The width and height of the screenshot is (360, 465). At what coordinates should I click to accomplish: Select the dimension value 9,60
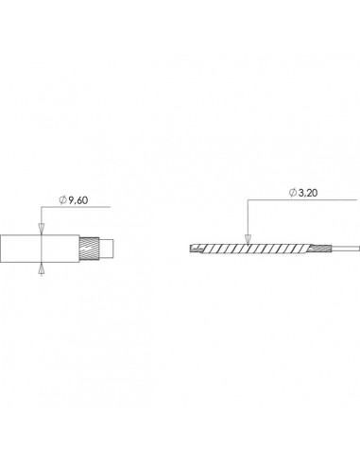[x=84, y=200]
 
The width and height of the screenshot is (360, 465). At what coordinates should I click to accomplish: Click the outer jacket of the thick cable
[x=28, y=249]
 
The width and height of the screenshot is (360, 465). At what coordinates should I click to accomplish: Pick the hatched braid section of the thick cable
[x=92, y=249]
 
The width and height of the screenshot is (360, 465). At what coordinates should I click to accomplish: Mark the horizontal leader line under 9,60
[x=80, y=208]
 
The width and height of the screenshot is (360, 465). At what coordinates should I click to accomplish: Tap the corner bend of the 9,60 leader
[x=42, y=208]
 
